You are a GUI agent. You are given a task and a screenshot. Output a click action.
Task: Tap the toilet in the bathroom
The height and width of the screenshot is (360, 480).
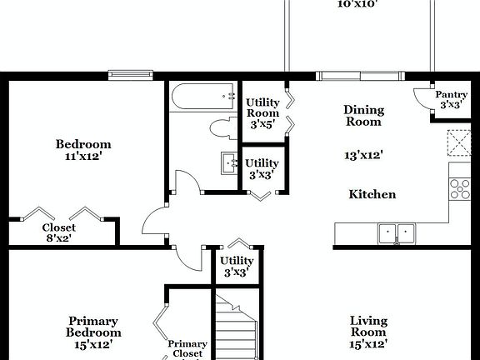(222, 129)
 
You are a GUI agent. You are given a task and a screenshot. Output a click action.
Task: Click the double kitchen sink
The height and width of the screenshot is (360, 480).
(396, 233)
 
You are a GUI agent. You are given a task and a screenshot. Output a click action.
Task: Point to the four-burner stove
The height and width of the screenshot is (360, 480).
(460, 189)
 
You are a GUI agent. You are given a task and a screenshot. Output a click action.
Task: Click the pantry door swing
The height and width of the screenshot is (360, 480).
(422, 98)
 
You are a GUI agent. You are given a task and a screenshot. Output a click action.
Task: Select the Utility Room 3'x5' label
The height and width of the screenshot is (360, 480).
(262, 113)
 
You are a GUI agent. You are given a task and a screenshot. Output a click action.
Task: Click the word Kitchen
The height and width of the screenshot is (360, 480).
(372, 195)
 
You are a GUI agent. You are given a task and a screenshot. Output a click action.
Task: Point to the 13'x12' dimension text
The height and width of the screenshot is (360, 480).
(363, 155)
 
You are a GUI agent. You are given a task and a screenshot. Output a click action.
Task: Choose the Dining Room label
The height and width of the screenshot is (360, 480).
(363, 116)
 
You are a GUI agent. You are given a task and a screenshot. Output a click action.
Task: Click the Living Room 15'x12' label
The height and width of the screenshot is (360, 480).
(368, 332)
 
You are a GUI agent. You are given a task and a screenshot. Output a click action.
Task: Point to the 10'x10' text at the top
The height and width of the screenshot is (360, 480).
(357, 4)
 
